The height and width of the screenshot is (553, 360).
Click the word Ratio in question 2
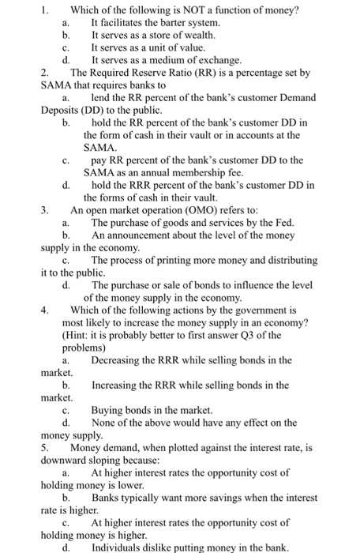(x=177, y=73)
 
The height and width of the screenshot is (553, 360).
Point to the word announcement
(x=140, y=235)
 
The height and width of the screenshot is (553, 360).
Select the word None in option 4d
(x=105, y=423)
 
